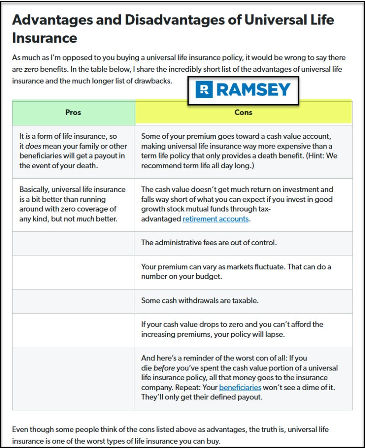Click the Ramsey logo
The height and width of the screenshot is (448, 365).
pos(243,91)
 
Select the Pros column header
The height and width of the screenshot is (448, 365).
pos(73,113)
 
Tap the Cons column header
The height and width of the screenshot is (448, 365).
pos(243,113)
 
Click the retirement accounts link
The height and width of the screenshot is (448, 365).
pos(215,219)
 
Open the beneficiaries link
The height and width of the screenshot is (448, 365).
pos(240,388)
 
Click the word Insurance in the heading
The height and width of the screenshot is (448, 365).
pos(45,38)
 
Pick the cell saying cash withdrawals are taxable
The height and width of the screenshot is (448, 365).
pos(243,301)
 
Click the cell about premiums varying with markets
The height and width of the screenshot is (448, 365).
pos(243,272)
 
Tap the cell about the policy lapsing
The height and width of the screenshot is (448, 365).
pos(243,329)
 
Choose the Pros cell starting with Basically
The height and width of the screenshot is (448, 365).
pos(73,204)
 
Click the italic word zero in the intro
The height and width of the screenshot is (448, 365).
pos(31,69)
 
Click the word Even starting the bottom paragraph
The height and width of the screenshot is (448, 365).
pos(21,430)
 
